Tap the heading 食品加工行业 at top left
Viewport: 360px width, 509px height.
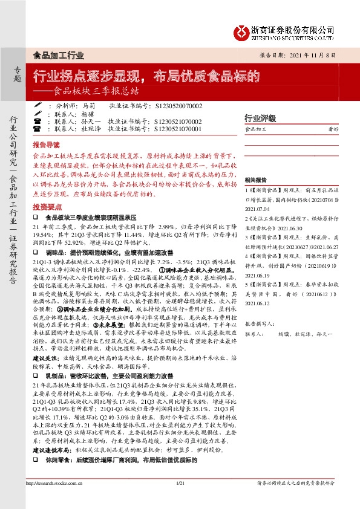tap(58, 56)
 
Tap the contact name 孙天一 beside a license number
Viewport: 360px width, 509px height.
tap(90, 121)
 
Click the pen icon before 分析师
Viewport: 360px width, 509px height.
tap(37, 105)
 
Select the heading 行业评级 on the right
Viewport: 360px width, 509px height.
tap(260, 118)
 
